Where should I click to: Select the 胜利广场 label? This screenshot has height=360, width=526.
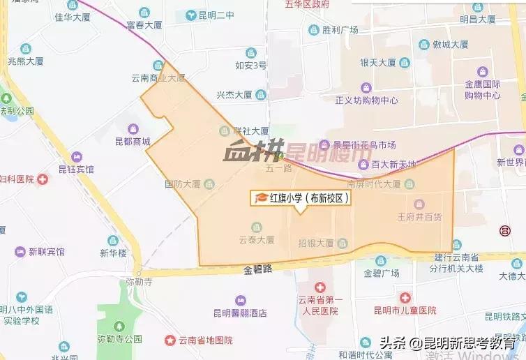point(340,30)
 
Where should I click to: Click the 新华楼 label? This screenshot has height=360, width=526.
point(113,253)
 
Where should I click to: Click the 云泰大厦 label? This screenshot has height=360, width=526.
point(256,239)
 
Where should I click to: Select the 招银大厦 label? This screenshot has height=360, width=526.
point(316,243)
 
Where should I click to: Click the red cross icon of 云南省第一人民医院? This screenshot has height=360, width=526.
point(320,287)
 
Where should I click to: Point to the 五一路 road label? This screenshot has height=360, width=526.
point(278,168)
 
